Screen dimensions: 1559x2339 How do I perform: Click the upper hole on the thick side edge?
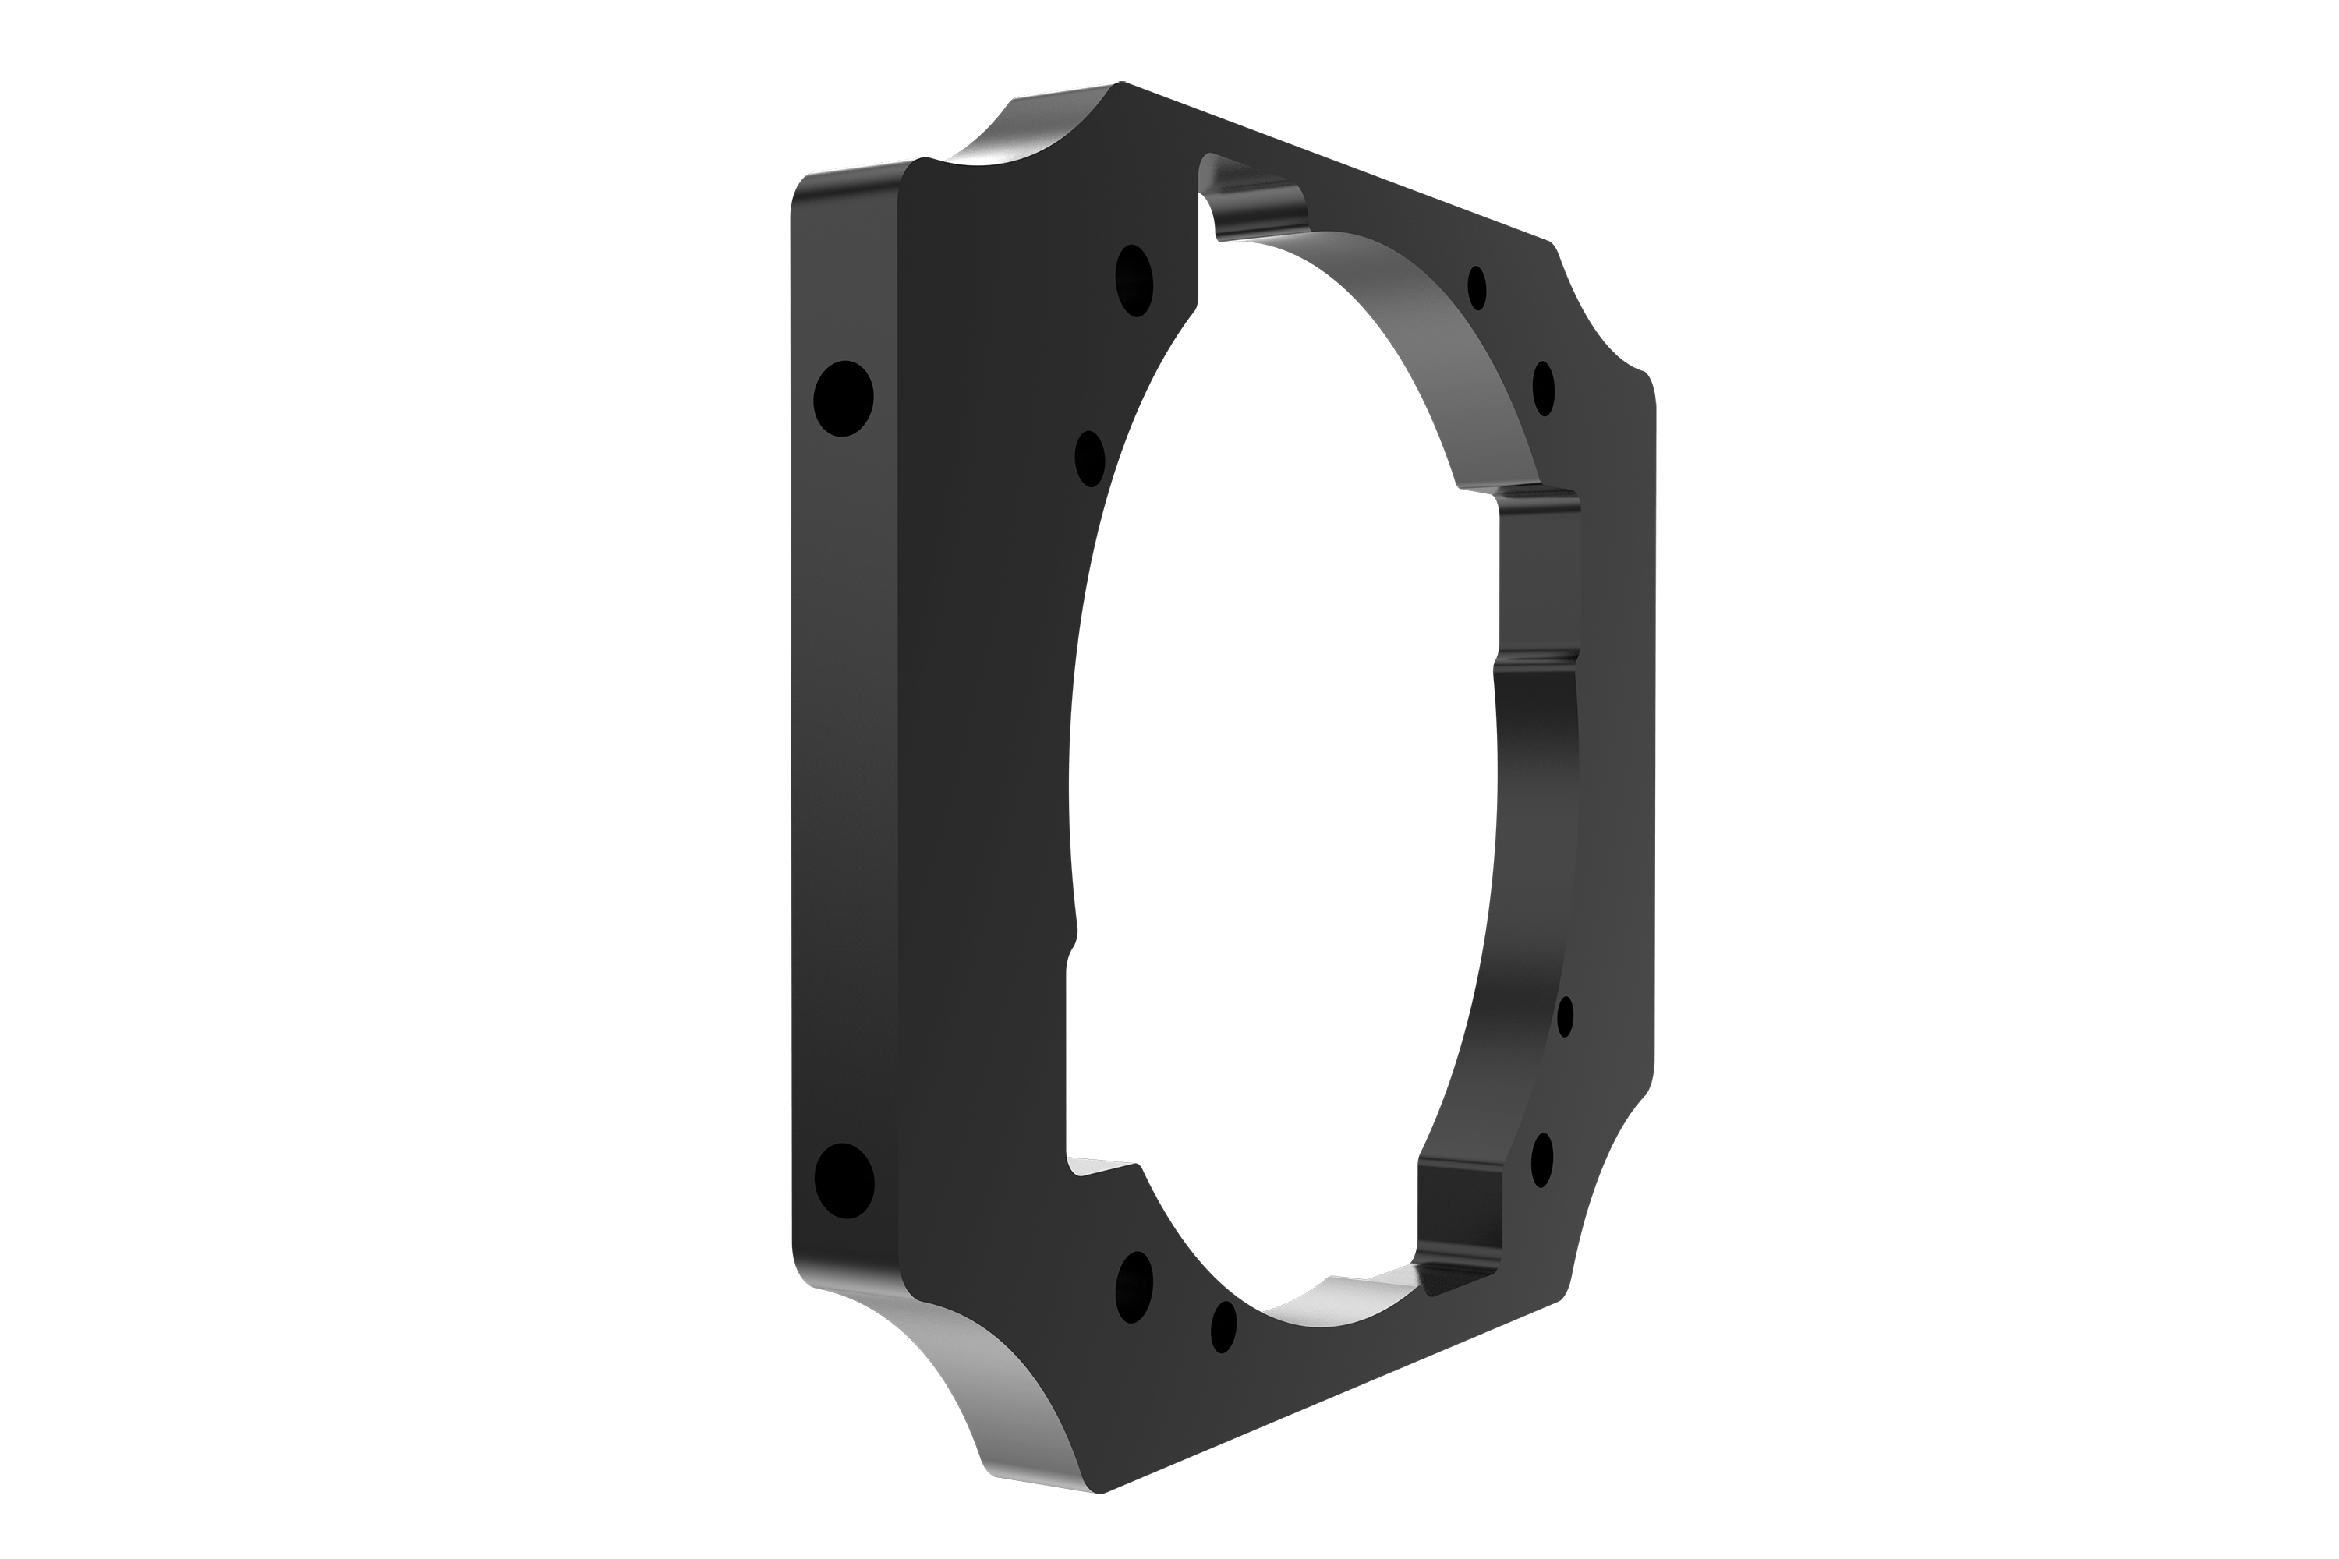tap(844, 398)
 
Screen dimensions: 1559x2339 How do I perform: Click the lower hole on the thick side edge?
tap(844, 1181)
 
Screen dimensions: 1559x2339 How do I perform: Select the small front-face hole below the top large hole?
tap(1090, 458)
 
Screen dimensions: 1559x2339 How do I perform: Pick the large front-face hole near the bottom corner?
tap(1134, 1287)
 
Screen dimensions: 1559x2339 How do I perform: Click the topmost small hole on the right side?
tap(1477, 288)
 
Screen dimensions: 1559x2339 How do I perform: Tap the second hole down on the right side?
tap(1542, 387)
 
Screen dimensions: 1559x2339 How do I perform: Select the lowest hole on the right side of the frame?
tap(1541, 1159)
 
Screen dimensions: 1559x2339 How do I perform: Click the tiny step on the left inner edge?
tap(1072, 945)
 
